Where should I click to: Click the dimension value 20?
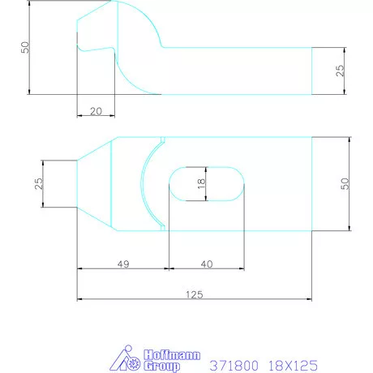tap(96, 110)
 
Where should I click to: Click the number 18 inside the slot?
tap(200, 184)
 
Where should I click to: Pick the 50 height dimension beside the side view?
tap(24, 48)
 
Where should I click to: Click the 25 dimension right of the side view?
tap(341, 71)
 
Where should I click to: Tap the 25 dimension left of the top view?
tap(38, 183)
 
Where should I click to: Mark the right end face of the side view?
tap(311, 71)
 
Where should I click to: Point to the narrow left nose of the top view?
tap(78, 184)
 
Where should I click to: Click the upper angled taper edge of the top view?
tap(93, 149)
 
